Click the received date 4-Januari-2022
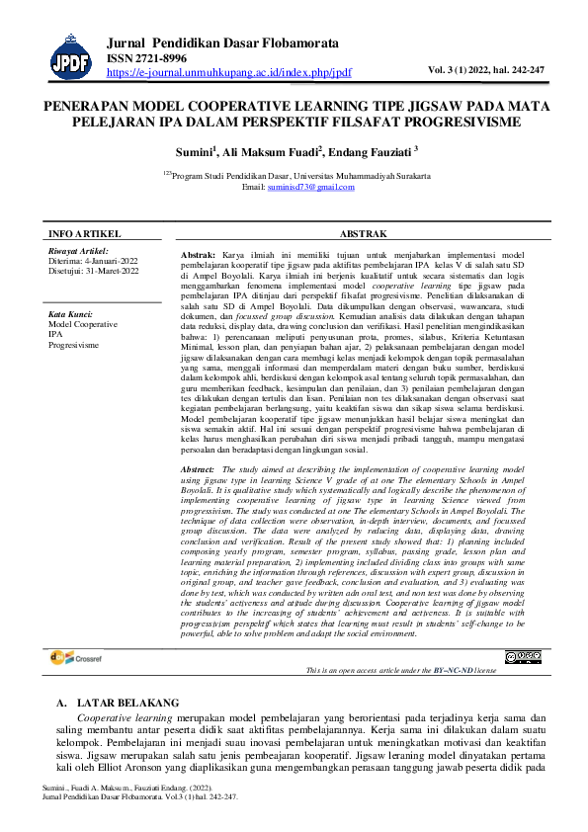point(108,261)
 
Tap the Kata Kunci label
point(70,315)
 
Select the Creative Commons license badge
point(523,657)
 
